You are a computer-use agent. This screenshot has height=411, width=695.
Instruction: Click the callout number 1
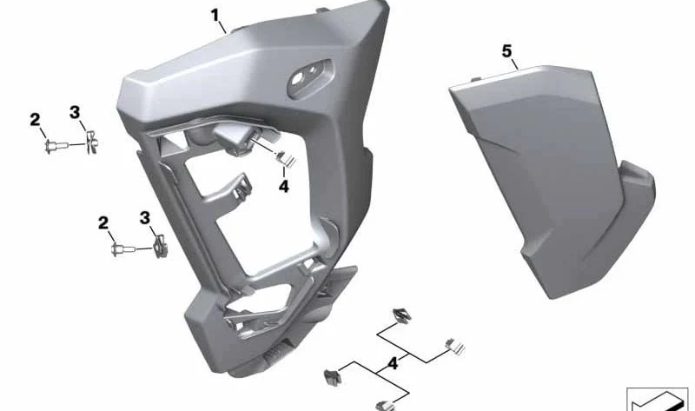coord(215,16)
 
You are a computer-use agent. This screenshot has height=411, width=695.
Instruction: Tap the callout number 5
coord(506,51)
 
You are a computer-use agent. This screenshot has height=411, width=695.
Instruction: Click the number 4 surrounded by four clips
coord(393,364)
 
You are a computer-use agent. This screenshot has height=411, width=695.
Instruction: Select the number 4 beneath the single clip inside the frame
coord(284,187)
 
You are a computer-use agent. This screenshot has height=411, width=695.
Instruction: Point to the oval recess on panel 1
coord(311,76)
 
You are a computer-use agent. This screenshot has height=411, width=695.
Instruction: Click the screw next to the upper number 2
coord(56,145)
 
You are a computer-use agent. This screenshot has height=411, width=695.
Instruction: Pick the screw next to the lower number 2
coord(122,249)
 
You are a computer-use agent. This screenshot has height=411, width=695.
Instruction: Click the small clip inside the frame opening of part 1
coord(286,159)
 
